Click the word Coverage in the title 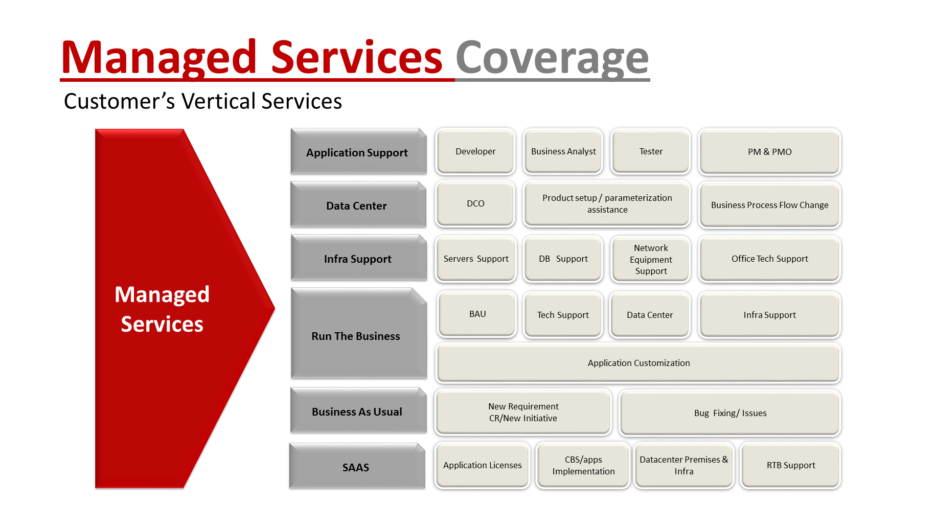point(552,58)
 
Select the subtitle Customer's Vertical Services point(202,101)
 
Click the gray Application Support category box point(357,152)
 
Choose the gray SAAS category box point(356,467)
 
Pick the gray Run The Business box point(356,335)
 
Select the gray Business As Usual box point(357,411)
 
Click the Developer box point(475,152)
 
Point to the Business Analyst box point(563,152)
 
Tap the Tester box point(651,152)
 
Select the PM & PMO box point(769,152)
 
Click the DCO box point(475,204)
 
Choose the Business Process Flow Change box point(769,205)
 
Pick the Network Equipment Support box point(651,259)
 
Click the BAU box point(477,314)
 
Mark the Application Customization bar point(638,363)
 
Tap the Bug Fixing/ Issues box point(730,413)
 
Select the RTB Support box point(790,465)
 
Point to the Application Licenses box point(482,465)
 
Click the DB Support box point(563,259)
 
